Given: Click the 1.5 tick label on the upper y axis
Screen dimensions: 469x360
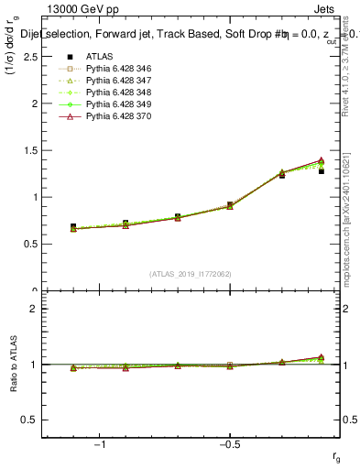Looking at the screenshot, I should tap(29, 150).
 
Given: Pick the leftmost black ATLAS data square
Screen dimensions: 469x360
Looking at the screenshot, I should tap(73, 226).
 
